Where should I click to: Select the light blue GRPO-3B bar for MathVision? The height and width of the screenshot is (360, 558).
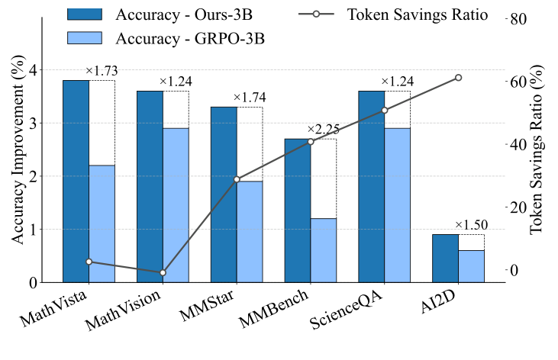pyautogui.click(x=176, y=205)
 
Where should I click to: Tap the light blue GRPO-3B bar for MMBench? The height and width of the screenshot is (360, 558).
pyautogui.click(x=324, y=250)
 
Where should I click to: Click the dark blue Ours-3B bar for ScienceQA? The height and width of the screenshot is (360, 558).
pyautogui.click(x=371, y=186)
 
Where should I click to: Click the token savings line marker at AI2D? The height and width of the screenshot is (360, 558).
pyautogui.click(x=458, y=77)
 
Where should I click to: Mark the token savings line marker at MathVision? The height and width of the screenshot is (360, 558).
pyautogui.click(x=163, y=272)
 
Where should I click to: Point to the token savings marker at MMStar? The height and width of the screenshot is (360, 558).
pyautogui.click(x=237, y=179)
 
